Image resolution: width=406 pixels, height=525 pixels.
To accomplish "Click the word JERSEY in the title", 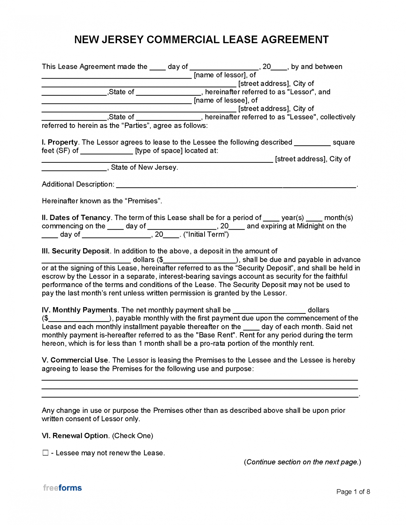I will [x=122, y=40].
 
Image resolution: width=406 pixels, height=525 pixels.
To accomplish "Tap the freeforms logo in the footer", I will [x=62, y=488].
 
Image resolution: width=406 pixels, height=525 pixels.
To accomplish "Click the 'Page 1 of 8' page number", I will [x=353, y=492].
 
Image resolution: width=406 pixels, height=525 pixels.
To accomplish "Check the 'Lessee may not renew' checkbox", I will [x=45, y=453].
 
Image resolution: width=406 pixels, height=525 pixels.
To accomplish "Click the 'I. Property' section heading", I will [x=60, y=142].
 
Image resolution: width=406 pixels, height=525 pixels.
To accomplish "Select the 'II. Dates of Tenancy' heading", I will [x=76, y=218].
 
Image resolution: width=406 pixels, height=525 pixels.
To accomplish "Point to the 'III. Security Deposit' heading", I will [x=75, y=251].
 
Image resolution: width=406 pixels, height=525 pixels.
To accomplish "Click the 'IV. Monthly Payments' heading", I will [x=79, y=310].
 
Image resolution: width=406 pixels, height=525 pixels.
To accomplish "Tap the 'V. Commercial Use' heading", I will [x=75, y=360].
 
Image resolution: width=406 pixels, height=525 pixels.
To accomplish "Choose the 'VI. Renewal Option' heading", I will [x=75, y=436].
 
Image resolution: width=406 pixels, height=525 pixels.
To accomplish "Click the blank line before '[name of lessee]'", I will [x=116, y=102].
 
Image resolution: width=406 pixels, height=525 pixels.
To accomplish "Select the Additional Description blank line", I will [x=236, y=186].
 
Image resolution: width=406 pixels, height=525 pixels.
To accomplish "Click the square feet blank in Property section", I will [x=312, y=144].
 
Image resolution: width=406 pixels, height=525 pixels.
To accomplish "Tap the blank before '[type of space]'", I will [x=106, y=152].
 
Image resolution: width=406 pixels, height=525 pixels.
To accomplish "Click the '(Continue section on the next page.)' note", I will [x=302, y=462].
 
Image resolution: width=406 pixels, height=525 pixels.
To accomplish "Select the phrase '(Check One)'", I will [x=132, y=436].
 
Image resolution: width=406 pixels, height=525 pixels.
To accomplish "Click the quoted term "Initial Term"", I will [x=206, y=234].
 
